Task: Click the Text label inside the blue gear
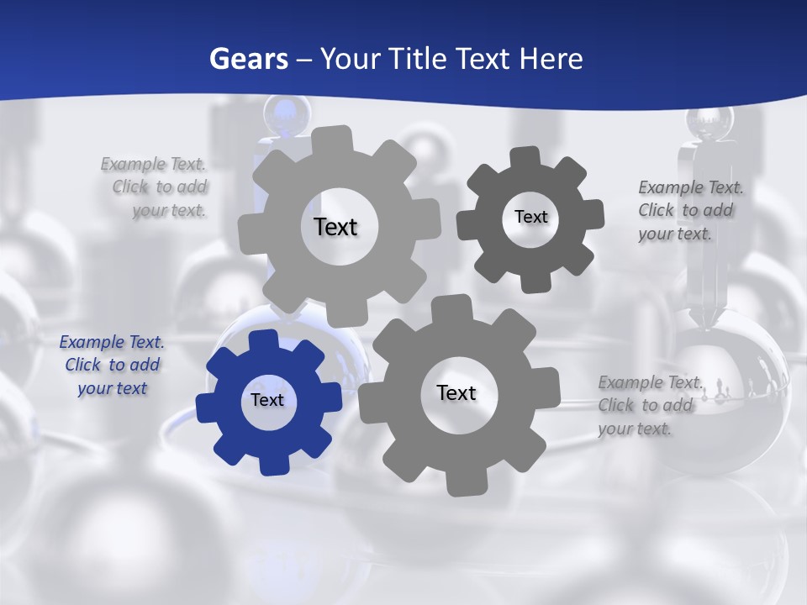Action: click(x=267, y=400)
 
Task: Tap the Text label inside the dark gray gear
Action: click(x=530, y=217)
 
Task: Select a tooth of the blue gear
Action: click(x=263, y=340)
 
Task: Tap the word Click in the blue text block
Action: click(x=83, y=365)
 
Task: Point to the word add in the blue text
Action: click(x=145, y=365)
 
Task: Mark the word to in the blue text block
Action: click(x=117, y=365)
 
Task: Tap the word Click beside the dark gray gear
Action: click(x=657, y=210)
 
